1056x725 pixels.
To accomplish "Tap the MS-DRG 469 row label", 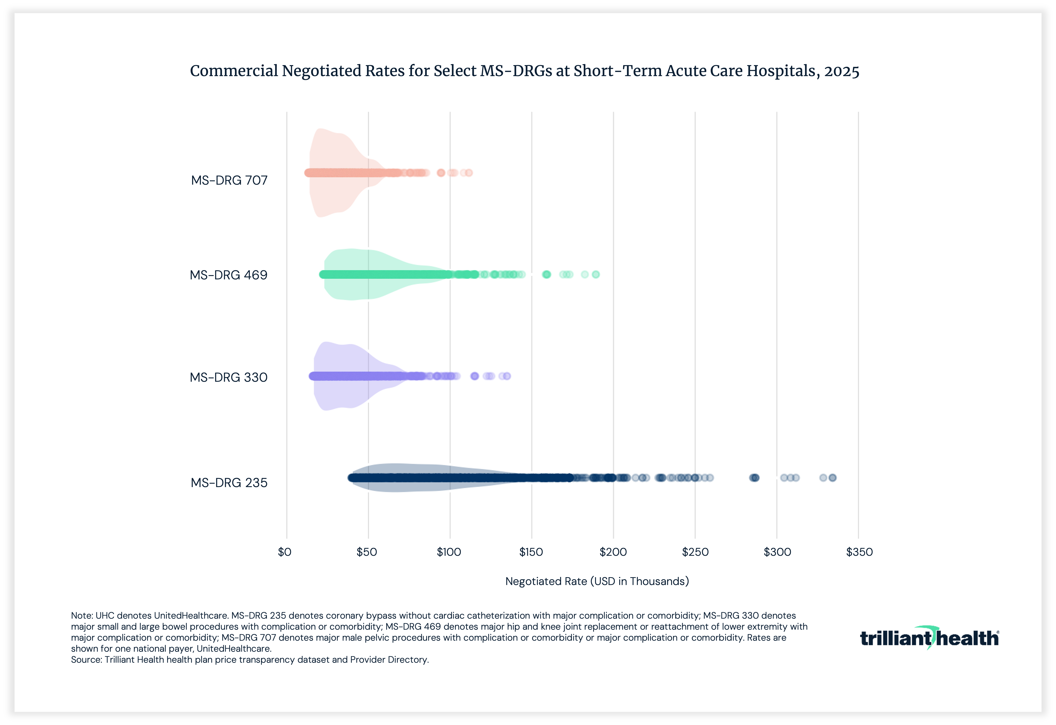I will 229,275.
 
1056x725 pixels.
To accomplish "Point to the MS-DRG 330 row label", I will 229,377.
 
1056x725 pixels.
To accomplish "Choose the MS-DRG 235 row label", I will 229,483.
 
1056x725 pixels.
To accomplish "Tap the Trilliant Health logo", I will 929,638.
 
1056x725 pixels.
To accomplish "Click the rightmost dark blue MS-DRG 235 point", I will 832,478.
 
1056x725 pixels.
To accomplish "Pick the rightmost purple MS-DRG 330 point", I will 507,376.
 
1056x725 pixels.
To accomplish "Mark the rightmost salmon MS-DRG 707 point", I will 469,173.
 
